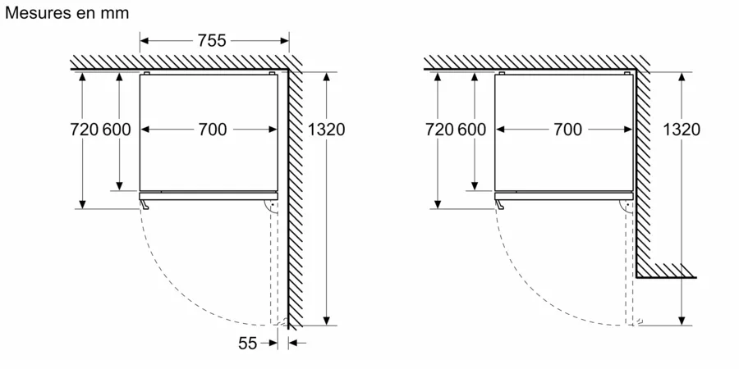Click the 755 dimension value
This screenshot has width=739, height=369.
pyautogui.click(x=212, y=39)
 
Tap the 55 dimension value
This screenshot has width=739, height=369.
pyautogui.click(x=248, y=344)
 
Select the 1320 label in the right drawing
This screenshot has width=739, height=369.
pyautogui.click(x=682, y=129)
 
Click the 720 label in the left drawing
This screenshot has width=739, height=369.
pyautogui.click(x=83, y=129)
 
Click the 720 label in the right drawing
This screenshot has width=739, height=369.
pyautogui.click(x=439, y=129)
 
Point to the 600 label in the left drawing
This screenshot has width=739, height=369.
pyautogui.click(x=117, y=129)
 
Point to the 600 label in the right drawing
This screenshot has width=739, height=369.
pyautogui.click(x=471, y=129)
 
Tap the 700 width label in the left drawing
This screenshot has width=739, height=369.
pyautogui.click(x=212, y=129)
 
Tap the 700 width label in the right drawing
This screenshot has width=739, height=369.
pyautogui.click(x=567, y=129)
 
